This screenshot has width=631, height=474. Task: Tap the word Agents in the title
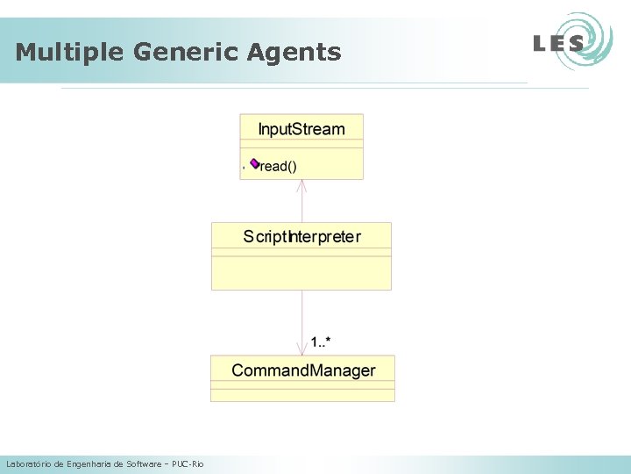tap(294, 53)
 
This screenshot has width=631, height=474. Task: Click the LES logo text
tap(558, 43)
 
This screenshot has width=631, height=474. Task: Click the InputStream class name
tap(301, 129)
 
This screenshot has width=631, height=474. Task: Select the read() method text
tap(280, 166)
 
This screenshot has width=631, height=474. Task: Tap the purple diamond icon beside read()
tap(254, 163)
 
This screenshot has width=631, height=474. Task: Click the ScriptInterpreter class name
tap(301, 236)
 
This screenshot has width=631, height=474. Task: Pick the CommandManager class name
tap(303, 370)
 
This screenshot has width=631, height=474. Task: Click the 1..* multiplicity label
tap(321, 341)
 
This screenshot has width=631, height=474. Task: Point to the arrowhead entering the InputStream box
tap(302, 183)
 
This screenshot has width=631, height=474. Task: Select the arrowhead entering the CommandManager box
tap(302, 350)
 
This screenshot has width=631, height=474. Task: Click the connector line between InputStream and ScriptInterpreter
tap(302, 204)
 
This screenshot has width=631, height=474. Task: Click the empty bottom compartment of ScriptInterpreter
tap(301, 273)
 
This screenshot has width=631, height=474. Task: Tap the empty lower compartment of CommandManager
tap(303, 392)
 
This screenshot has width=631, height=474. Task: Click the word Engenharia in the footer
tap(89, 463)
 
